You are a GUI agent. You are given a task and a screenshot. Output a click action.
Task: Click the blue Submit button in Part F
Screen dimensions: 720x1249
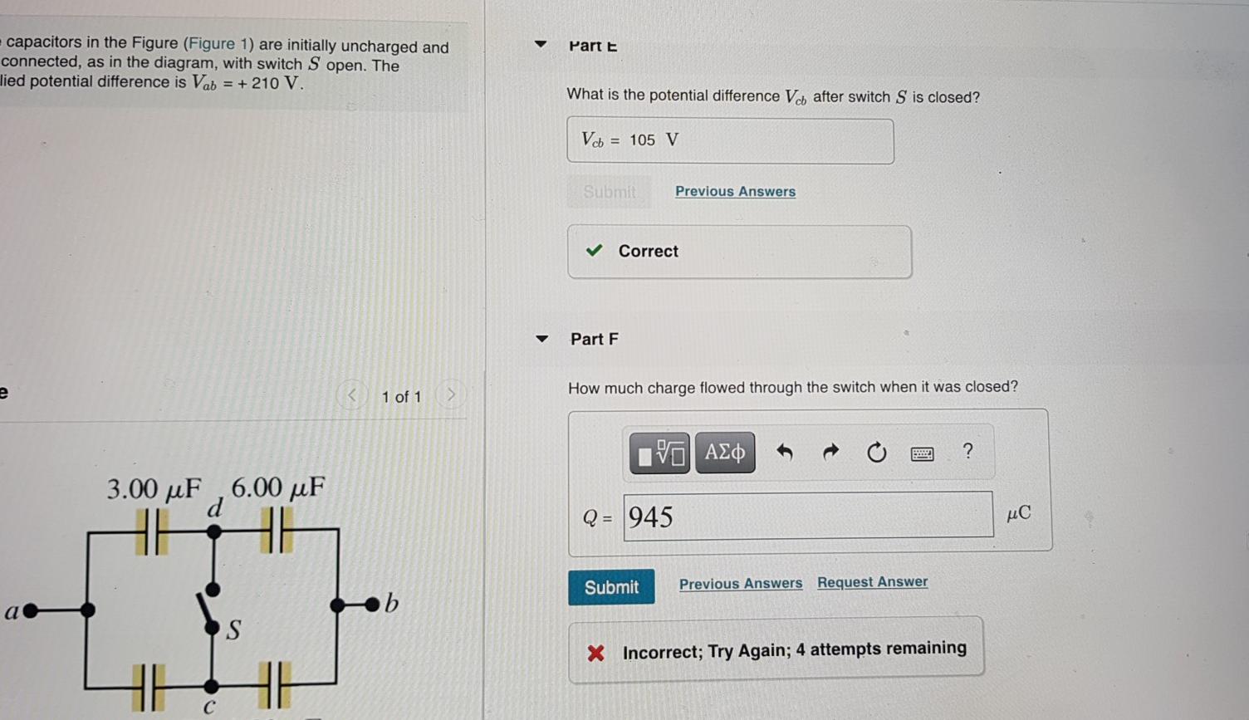coord(611,587)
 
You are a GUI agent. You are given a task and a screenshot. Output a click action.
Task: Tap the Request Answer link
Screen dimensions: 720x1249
coord(872,582)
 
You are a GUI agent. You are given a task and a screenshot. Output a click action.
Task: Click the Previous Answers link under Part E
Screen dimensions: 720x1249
coord(735,191)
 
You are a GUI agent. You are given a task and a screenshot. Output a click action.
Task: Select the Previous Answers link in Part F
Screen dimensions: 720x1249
coord(740,584)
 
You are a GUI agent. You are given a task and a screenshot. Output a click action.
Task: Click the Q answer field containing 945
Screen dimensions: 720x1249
coord(807,516)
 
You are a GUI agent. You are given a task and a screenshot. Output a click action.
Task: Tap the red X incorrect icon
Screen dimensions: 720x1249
coord(595,653)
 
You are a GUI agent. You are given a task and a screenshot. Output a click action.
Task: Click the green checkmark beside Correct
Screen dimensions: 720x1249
coord(594,251)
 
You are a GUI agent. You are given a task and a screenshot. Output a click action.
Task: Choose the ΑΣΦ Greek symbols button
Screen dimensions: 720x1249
coord(724,453)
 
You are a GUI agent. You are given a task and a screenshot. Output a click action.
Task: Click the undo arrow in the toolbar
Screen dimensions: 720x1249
coord(784,452)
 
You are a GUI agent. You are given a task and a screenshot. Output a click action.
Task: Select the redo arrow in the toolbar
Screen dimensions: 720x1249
coord(830,452)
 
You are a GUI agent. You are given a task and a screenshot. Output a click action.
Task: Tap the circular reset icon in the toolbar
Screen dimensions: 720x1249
coord(876,453)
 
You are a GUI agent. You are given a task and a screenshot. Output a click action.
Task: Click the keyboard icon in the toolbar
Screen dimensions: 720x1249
coord(922,453)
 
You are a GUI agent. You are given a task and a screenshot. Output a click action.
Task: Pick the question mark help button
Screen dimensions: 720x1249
coord(967,451)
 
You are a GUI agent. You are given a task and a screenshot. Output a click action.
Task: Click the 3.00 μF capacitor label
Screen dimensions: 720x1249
coord(154,488)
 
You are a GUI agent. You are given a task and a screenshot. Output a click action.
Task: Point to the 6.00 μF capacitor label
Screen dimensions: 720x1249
coord(277,487)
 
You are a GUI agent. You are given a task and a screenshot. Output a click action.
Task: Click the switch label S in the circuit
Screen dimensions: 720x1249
coord(233,630)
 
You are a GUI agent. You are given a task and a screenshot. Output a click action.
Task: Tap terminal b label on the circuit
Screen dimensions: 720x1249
coord(391,604)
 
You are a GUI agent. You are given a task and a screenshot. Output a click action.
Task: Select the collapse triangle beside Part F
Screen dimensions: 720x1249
coord(542,339)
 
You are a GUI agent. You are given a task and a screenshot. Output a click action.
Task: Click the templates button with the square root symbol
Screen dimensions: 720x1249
coord(659,453)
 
